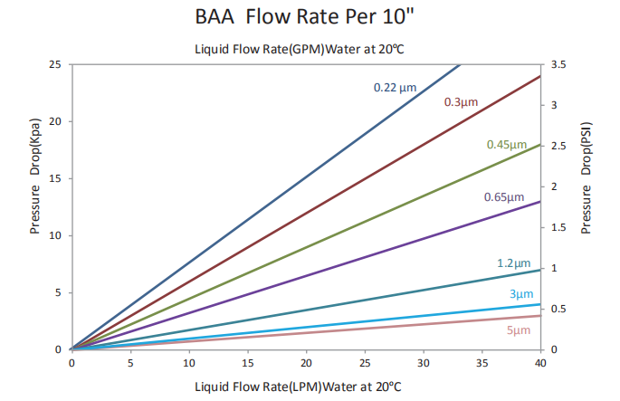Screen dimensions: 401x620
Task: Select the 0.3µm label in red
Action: click(461, 102)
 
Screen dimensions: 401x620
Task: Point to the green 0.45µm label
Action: click(506, 145)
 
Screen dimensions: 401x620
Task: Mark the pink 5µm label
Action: click(519, 330)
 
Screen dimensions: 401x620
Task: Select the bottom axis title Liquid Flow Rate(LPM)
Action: click(297, 387)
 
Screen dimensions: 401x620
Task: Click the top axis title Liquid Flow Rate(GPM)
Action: click(296, 48)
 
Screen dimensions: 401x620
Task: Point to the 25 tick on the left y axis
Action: click(55, 64)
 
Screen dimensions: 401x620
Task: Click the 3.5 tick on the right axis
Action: click(558, 65)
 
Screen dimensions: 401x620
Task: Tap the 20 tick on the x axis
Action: click(306, 364)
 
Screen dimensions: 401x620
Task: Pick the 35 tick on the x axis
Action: click(482, 364)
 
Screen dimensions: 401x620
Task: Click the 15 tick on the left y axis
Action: click(55, 178)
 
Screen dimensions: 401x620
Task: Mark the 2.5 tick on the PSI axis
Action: click(558, 146)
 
